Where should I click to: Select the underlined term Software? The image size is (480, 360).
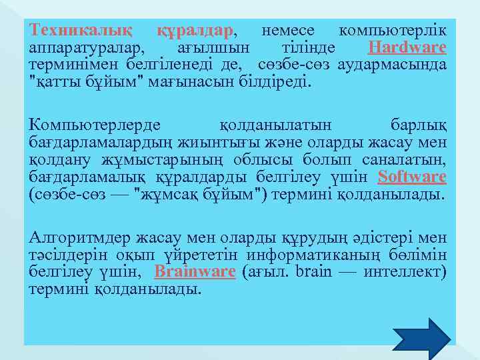pos(412,177)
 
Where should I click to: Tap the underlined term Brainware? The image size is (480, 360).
pos(195,271)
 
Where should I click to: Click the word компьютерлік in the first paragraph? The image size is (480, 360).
pos(393,31)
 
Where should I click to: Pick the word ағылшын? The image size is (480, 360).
pos(214,48)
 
